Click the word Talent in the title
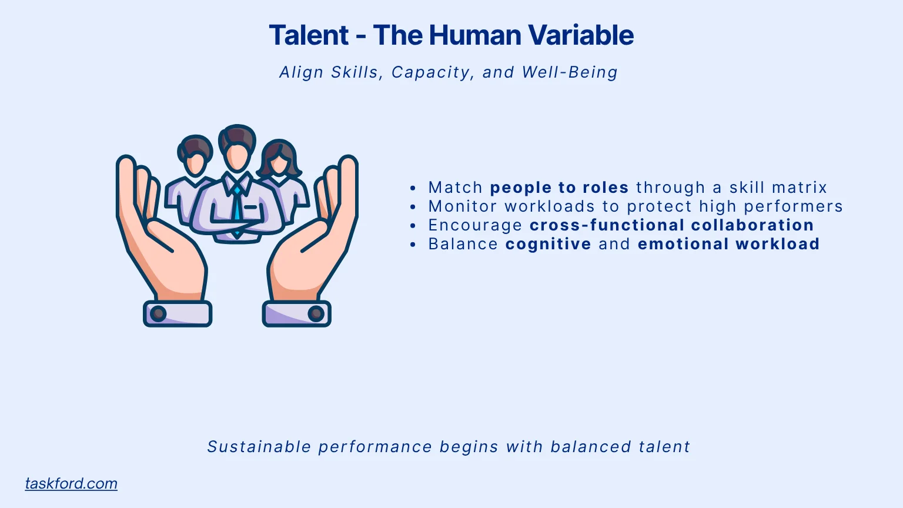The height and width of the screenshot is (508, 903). (x=309, y=35)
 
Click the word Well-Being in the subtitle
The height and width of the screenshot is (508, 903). (x=570, y=72)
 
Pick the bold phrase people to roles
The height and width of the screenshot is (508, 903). (x=559, y=188)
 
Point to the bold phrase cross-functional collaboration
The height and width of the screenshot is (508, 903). (x=671, y=225)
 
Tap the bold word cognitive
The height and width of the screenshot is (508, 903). (x=549, y=245)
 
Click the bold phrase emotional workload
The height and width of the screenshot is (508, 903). (x=729, y=243)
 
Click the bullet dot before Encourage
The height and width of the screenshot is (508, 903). (x=412, y=225)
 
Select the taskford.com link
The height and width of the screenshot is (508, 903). (x=71, y=483)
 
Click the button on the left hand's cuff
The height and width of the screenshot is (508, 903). (x=158, y=313)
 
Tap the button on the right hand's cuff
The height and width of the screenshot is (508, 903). (x=316, y=313)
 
